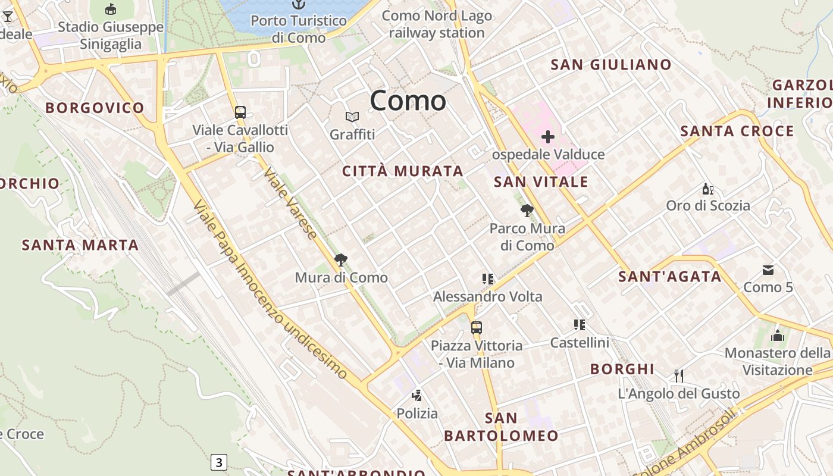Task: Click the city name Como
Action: [408, 101]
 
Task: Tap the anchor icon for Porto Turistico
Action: [298, 5]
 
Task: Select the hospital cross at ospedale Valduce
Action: [547, 137]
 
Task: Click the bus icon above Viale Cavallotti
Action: [240, 112]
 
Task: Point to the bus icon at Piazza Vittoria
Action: [476, 327]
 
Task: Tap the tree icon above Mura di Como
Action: [341, 260]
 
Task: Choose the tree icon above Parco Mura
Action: [527, 210]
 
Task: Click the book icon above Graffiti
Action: [352, 117]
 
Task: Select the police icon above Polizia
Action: [417, 395]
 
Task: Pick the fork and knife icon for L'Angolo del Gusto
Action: [678, 375]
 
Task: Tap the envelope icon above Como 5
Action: [768, 270]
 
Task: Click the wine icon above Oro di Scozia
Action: [707, 189]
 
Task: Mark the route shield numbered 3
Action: [219, 462]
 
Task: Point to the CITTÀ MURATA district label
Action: [403, 171]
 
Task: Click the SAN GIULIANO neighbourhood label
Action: [611, 65]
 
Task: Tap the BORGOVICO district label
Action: [95, 108]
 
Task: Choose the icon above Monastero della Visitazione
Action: [777, 336]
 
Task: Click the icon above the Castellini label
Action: [579, 325]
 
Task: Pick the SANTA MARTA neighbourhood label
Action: [80, 245]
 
